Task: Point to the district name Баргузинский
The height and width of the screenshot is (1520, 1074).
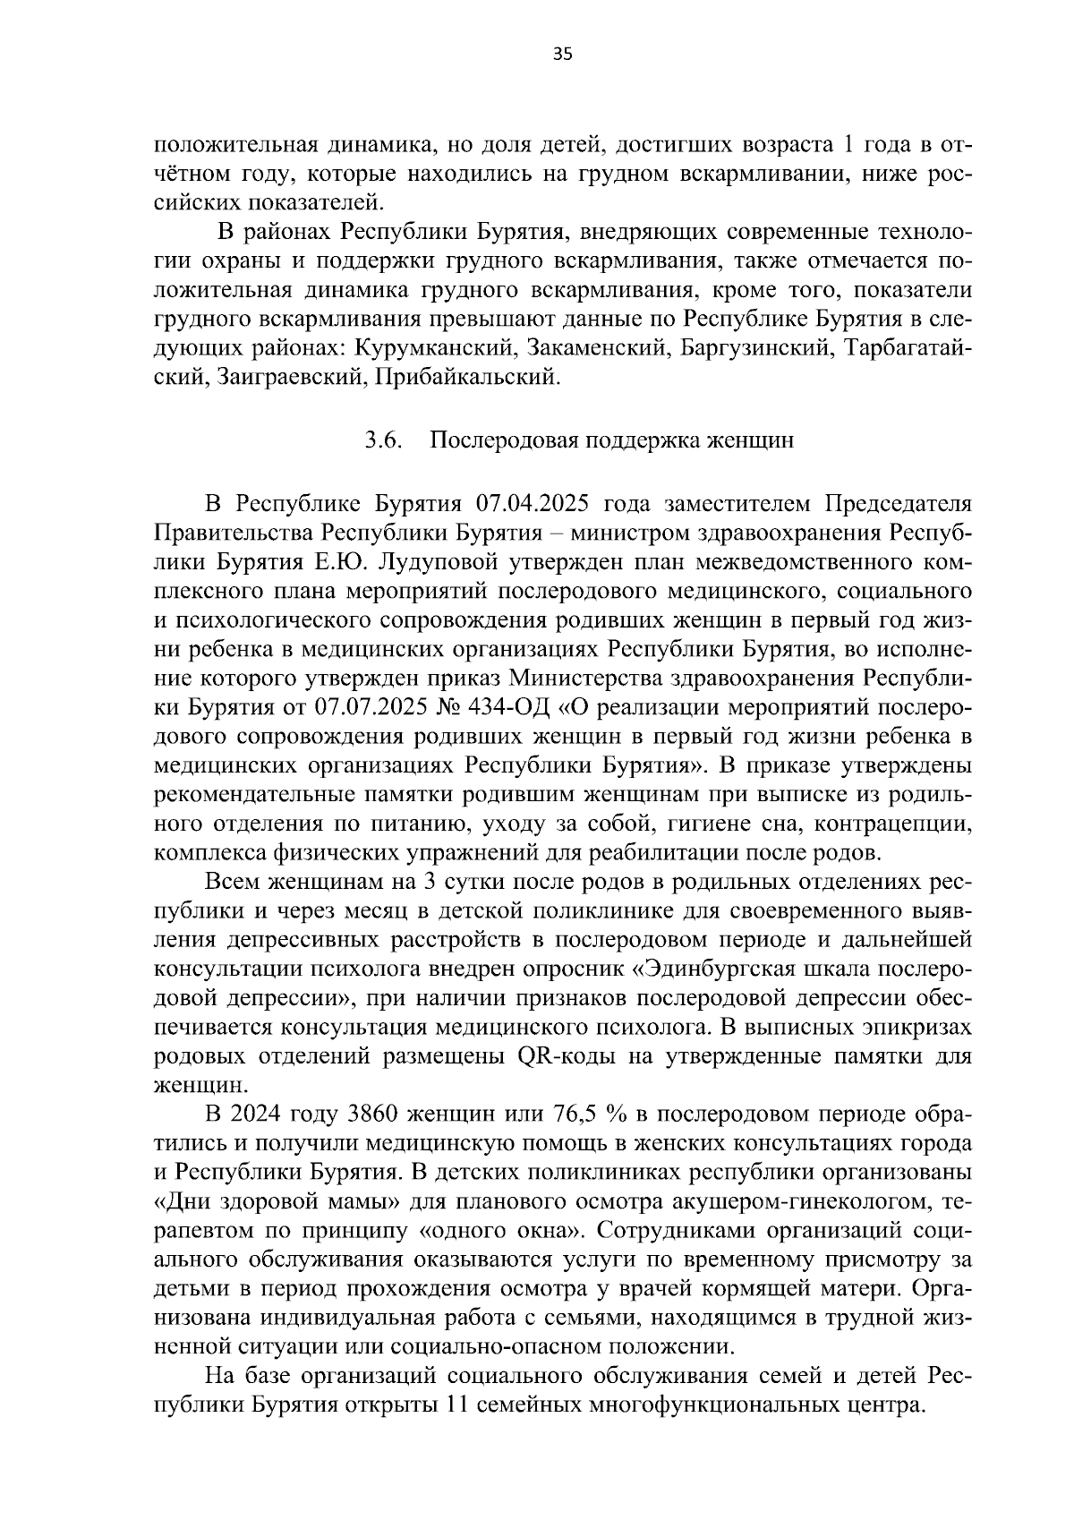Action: point(757,348)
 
